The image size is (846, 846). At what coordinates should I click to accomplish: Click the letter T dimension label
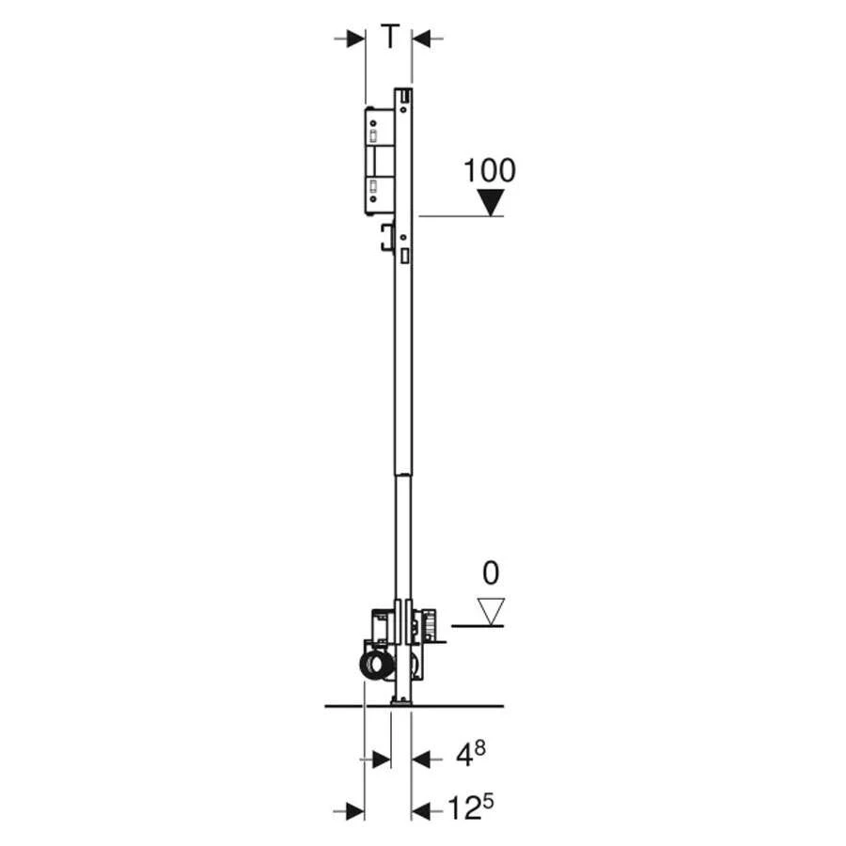(x=389, y=38)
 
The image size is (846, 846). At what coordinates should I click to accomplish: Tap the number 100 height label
(x=489, y=171)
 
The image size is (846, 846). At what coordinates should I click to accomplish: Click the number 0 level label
(x=490, y=573)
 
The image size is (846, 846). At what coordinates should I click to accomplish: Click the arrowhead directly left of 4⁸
(x=420, y=759)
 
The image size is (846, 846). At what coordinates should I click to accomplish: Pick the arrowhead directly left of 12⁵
(x=420, y=810)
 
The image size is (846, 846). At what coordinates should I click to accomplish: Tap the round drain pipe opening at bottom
(x=375, y=666)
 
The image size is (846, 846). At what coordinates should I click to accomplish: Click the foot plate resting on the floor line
(x=401, y=700)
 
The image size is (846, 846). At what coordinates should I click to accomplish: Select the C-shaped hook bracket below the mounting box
(x=385, y=239)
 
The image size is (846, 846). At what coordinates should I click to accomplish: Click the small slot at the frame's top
(x=403, y=96)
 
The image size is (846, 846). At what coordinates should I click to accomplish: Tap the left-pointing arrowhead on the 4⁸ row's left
(x=381, y=759)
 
